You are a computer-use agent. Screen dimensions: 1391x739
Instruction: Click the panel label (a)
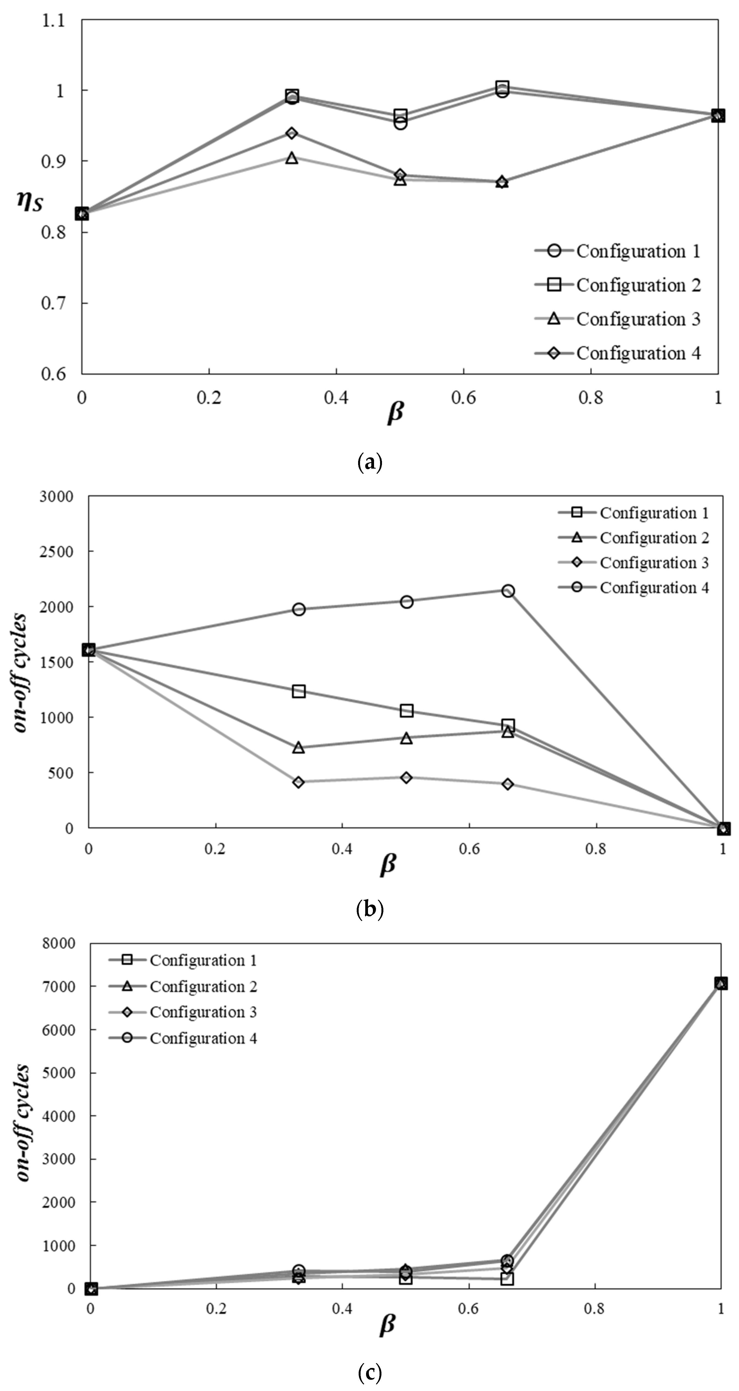370,463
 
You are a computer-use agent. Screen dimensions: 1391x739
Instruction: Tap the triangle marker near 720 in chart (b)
299,748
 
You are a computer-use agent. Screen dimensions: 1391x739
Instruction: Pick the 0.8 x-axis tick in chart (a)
591,398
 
